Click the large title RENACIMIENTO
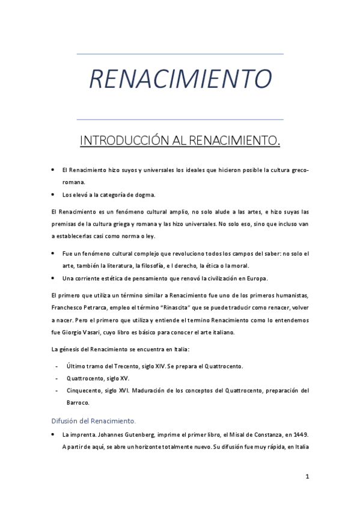click(180, 78)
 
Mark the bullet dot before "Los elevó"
click(53, 194)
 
